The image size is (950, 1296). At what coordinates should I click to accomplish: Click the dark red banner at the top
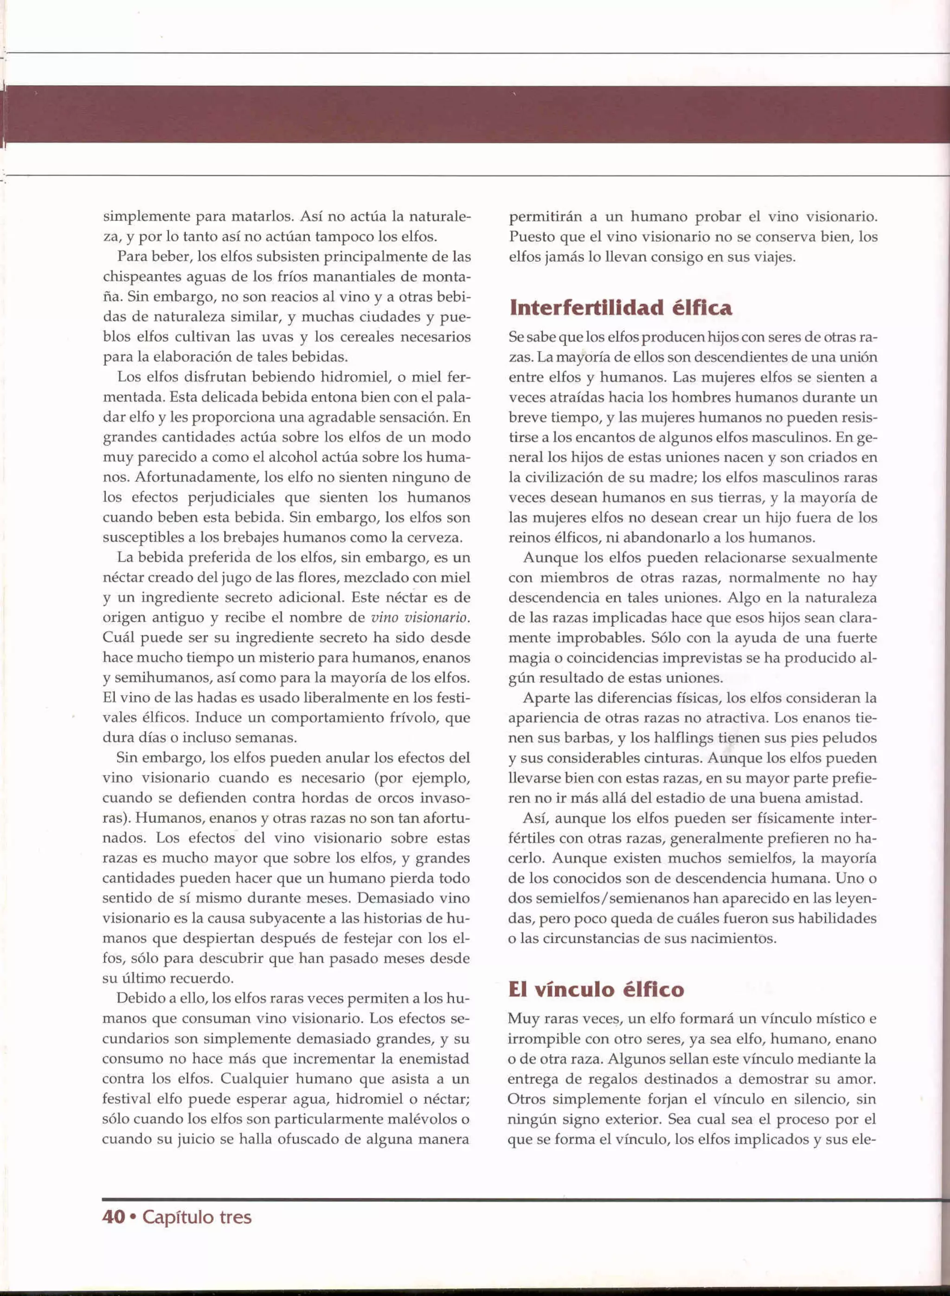(x=475, y=114)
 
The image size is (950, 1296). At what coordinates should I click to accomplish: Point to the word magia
(x=526, y=658)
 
